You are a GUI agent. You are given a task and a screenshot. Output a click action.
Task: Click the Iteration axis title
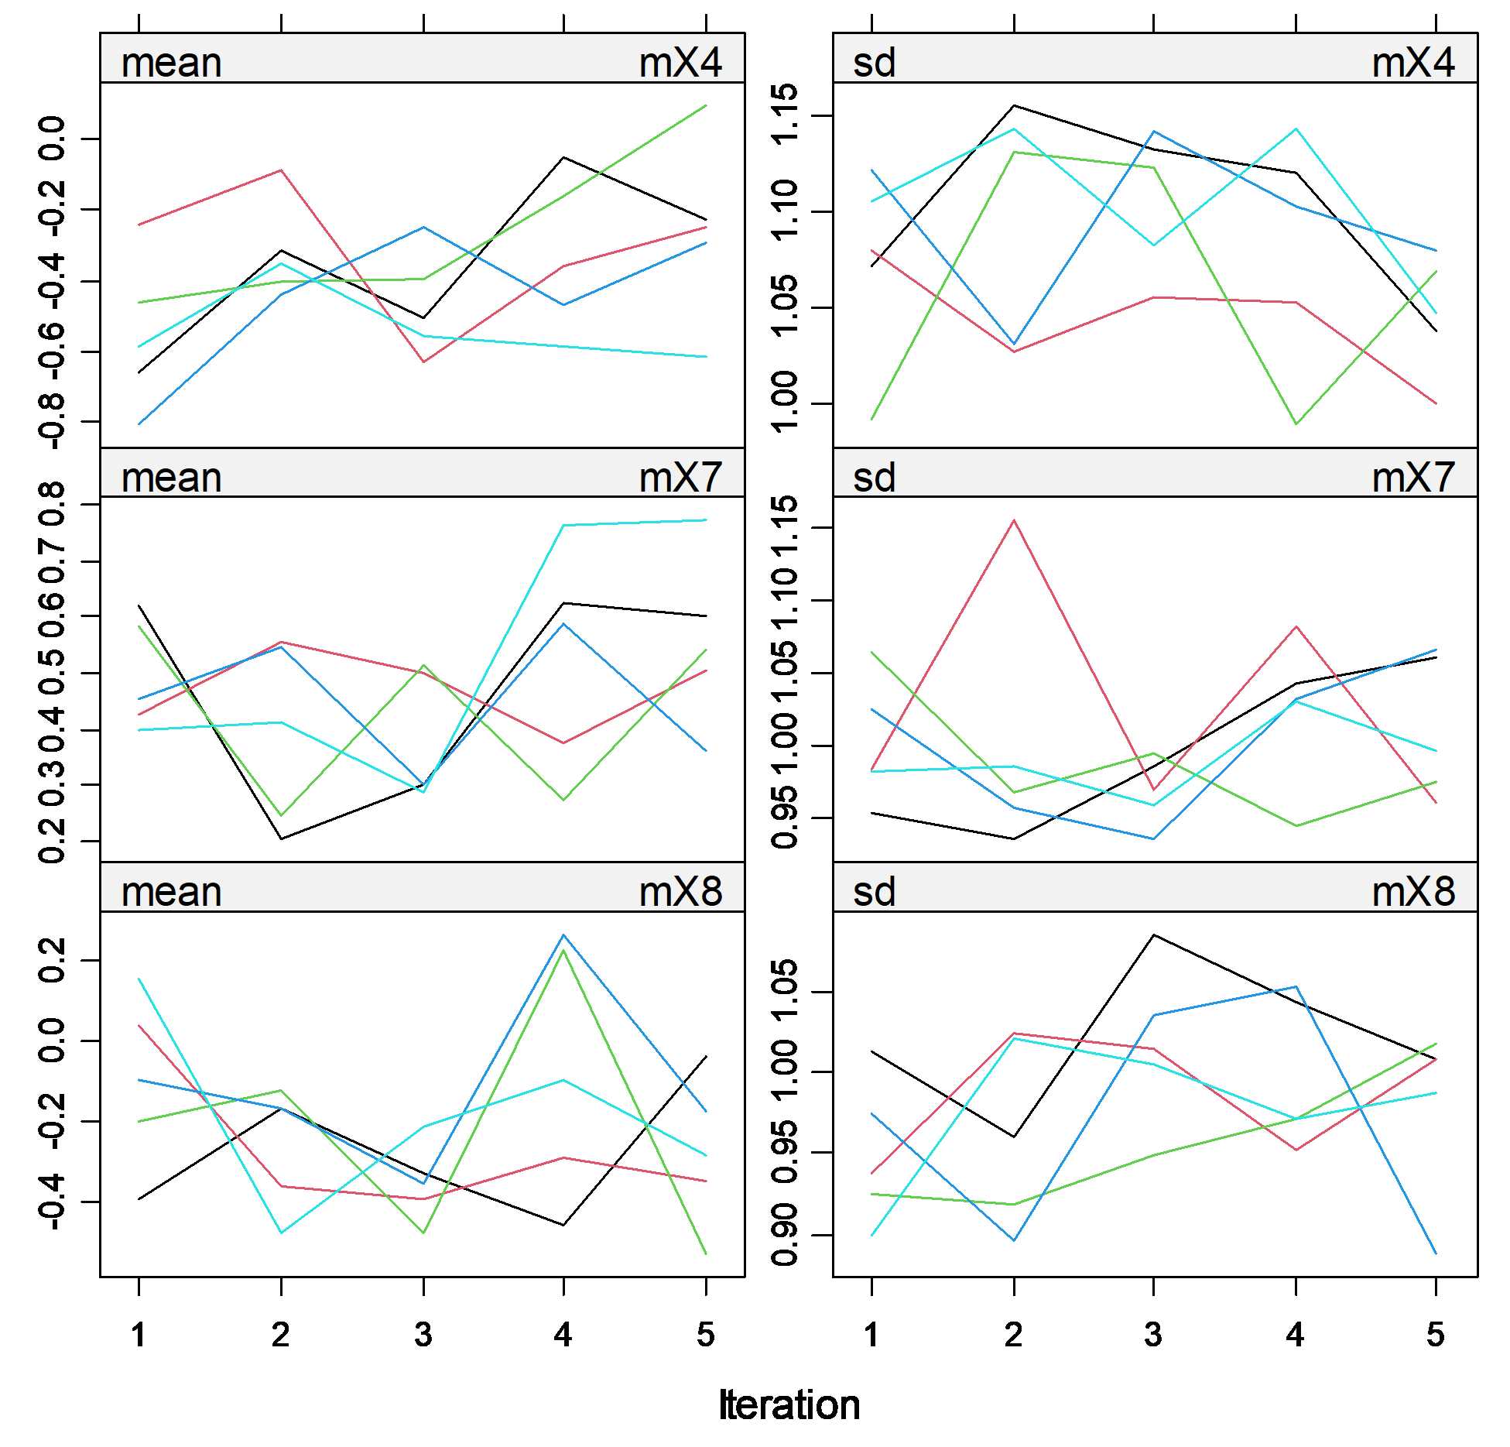coord(789,1404)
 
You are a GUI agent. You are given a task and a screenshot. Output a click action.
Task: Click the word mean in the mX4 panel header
coord(171,63)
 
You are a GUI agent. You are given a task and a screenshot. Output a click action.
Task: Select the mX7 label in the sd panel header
coord(1412,477)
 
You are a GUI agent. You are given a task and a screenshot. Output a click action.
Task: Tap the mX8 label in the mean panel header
coord(680,892)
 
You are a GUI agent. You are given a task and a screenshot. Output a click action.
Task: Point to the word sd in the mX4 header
coord(874,63)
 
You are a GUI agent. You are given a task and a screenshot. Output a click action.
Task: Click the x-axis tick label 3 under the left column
coord(423,1334)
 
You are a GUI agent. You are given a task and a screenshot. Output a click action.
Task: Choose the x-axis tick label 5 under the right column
coord(1435,1334)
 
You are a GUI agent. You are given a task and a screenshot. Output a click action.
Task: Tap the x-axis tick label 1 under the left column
coord(139,1334)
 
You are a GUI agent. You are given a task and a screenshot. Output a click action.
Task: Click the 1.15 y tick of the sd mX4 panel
coord(785,115)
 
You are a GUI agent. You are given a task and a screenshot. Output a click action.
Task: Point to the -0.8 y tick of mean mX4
coord(53,421)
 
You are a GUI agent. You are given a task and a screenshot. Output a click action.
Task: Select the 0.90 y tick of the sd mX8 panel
coord(785,1235)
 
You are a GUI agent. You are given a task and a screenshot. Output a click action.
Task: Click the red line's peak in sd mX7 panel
coord(1013,520)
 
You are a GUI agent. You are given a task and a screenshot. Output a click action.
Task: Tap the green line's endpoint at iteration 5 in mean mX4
coord(705,105)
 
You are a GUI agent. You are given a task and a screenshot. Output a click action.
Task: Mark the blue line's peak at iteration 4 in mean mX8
coord(563,935)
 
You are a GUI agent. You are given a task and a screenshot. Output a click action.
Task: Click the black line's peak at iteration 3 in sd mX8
coord(1153,935)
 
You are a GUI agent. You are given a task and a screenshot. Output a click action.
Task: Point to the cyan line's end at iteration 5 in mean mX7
coord(705,520)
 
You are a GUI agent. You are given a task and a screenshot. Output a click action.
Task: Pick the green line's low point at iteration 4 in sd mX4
coord(1296,424)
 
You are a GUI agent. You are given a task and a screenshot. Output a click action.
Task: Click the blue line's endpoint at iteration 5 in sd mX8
coord(1435,1253)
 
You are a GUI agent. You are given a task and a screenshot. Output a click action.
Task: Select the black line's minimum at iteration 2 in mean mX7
coord(281,838)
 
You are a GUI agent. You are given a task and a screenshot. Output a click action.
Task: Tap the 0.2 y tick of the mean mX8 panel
coord(53,960)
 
